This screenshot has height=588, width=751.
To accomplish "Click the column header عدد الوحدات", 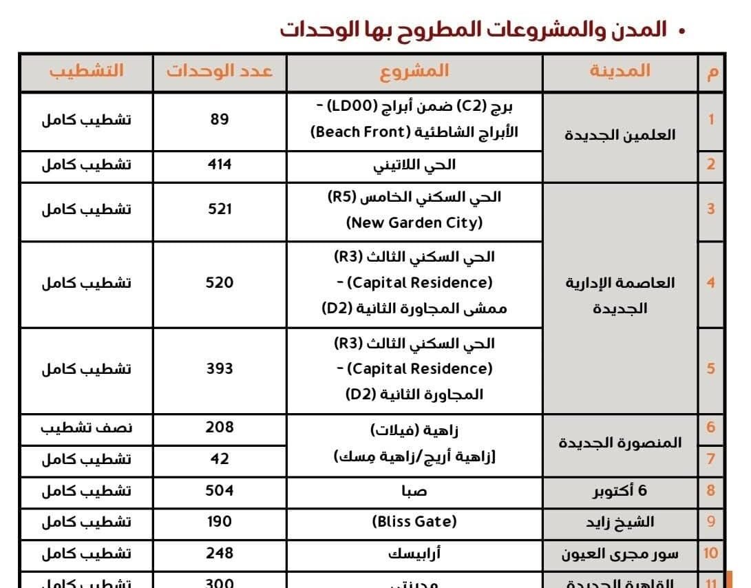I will [220, 71].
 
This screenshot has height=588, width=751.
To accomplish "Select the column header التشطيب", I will [86, 71].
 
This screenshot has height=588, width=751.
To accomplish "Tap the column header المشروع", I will [414, 71].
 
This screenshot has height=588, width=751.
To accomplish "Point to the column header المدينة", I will [620, 71].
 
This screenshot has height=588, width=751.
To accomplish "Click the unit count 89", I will [220, 119].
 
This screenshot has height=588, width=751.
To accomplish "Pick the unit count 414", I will [220, 165].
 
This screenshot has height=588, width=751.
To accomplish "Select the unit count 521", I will [220, 209].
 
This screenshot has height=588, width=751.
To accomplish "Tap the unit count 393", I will [220, 368].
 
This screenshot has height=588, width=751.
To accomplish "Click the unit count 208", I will [220, 427].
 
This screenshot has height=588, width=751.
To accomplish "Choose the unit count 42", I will [220, 459].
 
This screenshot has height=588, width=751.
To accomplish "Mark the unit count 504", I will [220, 490].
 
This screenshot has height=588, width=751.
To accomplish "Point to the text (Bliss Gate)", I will [414, 521].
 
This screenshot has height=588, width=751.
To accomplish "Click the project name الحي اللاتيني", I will [414, 165].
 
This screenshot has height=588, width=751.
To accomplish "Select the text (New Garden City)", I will [414, 223].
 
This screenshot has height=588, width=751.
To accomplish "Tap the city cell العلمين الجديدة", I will [620, 135].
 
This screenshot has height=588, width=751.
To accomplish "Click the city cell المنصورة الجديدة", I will [620, 442].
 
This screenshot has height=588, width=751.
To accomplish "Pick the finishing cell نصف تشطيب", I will [86, 427].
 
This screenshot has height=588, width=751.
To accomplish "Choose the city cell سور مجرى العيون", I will [620, 553].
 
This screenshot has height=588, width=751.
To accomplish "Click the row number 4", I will [710, 282].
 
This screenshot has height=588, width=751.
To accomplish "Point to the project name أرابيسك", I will [414, 553].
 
